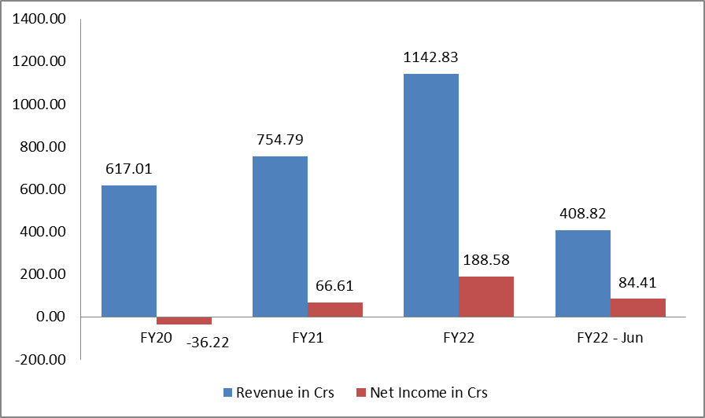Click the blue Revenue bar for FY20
pyautogui.click(x=129, y=251)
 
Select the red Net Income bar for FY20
pyautogui.click(x=184, y=321)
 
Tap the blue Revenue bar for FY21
pyautogui.click(x=280, y=236)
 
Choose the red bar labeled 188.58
pyautogui.click(x=486, y=296)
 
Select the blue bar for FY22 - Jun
pyautogui.click(x=583, y=273)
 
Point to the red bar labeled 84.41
pyautogui.click(x=638, y=307)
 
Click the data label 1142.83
pyautogui.click(x=431, y=57)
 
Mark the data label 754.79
pyautogui.click(x=280, y=140)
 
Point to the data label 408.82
pyautogui.click(x=583, y=214)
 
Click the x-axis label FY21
pyautogui.click(x=308, y=338)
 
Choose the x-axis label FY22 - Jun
pyautogui.click(x=611, y=338)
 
